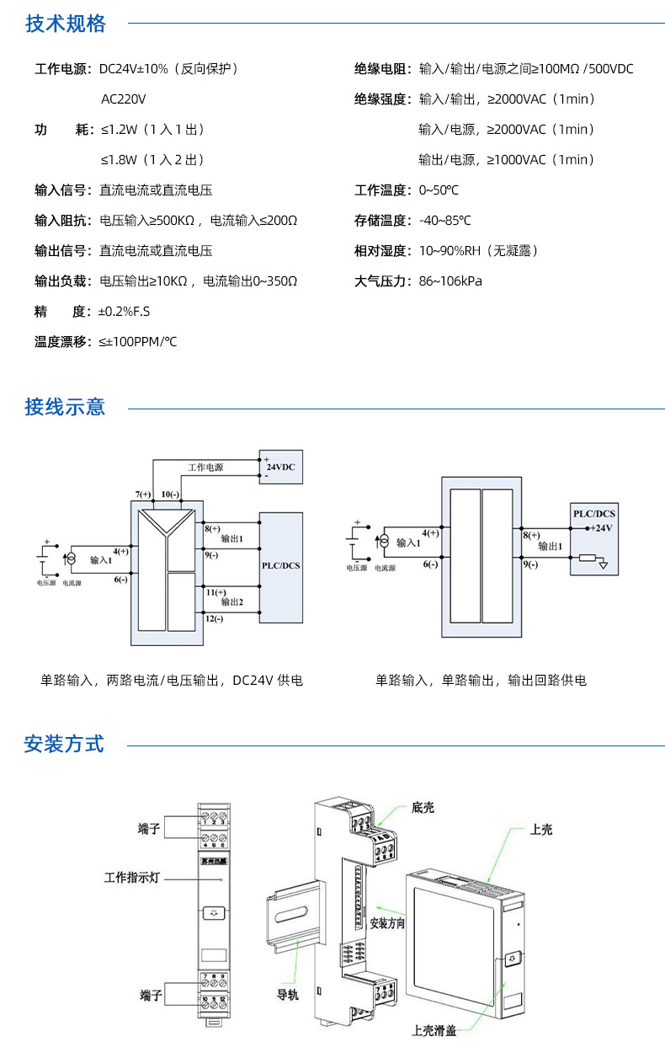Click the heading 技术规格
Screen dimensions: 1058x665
pyautogui.click(x=66, y=24)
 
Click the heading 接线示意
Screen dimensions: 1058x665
pyautogui.click(x=66, y=408)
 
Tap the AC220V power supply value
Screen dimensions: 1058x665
pyautogui.click(x=123, y=99)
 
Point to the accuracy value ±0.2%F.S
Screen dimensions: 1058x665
pyautogui.click(x=124, y=312)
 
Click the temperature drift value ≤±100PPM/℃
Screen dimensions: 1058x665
pyautogui.click(x=138, y=342)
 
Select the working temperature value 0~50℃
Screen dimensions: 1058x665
pyautogui.click(x=439, y=190)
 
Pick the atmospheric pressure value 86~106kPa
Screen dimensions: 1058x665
pyautogui.click(x=450, y=281)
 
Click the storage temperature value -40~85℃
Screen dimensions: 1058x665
pyautogui.click(x=444, y=221)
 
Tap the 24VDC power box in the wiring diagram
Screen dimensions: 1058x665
pyautogui.click(x=280, y=467)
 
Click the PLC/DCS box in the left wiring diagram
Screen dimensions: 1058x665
pyautogui.click(x=280, y=566)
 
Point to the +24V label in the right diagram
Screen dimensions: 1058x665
pyautogui.click(x=599, y=527)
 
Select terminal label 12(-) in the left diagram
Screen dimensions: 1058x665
pyautogui.click(x=214, y=619)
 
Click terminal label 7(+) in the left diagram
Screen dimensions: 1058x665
pyautogui.click(x=143, y=494)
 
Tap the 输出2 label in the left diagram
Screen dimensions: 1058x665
pyautogui.click(x=231, y=601)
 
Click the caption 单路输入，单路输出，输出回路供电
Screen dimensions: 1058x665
pyautogui.click(x=481, y=681)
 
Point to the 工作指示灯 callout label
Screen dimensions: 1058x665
pyautogui.click(x=131, y=878)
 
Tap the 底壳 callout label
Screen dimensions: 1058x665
pyautogui.click(x=423, y=808)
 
